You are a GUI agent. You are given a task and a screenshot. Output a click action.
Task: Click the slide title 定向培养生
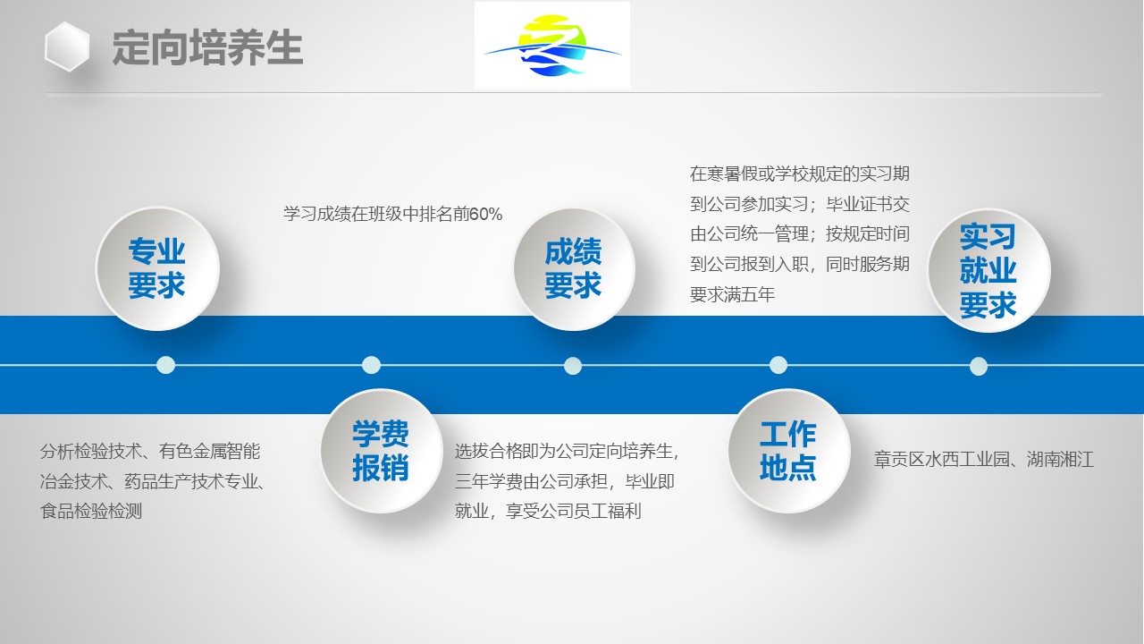pos(207,47)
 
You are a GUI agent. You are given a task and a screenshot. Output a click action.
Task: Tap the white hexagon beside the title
pos(67,47)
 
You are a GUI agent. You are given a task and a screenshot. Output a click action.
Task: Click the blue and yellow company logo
pos(552,46)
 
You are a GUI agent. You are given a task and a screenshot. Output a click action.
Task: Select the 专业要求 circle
pos(157,268)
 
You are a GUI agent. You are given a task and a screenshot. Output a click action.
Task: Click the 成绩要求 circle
pos(574,269)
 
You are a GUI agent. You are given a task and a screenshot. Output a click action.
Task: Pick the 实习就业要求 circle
pos(988,270)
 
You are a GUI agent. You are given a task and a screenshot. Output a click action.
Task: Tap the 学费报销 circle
pos(382,451)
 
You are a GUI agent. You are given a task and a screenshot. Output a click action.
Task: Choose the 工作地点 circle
pos(789,451)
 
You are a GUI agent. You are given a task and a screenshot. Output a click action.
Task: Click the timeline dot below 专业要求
pos(165,365)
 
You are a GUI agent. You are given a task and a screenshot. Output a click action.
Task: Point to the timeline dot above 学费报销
pos(371,365)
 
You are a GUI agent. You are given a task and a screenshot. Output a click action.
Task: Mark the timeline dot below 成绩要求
pos(573,366)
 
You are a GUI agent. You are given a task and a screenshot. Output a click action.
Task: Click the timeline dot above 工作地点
pos(778,365)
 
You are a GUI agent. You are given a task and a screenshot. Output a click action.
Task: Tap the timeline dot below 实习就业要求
pos(978,367)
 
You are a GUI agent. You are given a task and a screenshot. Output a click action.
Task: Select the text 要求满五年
pos(732,294)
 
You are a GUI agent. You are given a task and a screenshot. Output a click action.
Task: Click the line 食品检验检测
pos(91,511)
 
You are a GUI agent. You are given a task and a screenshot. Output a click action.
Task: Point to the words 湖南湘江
pos(1060,460)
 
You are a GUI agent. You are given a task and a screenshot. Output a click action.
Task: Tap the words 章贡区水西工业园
pos(942,460)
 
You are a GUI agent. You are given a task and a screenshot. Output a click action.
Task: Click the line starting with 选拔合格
pos(567,452)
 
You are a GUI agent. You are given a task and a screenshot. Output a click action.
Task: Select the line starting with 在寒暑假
pos(800,174)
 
